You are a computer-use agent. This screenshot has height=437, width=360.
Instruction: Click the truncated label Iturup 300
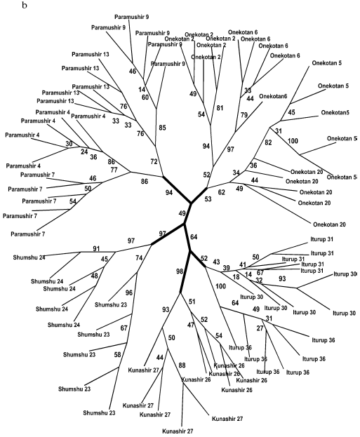click(x=345, y=273)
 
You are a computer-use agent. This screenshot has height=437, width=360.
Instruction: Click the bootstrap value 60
click(x=145, y=98)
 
